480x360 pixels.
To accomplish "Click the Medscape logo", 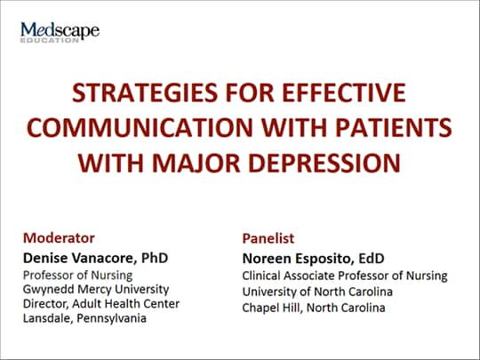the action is tap(60, 32).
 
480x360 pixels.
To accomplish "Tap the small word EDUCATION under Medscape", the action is tap(50, 40).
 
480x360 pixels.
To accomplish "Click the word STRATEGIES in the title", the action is tap(145, 92).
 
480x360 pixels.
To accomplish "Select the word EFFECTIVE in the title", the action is tap(344, 92).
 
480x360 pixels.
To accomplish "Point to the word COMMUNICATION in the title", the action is tap(140, 127).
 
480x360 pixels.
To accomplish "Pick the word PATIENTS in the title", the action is tap(394, 127).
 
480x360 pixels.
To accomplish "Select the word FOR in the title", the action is tap(250, 92).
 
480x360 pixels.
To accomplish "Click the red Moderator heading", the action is tap(59, 238).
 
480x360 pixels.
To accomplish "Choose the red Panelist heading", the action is tap(268, 238).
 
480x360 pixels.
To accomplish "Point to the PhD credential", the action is tap(155, 258).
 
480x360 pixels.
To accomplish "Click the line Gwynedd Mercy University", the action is tap(96, 290).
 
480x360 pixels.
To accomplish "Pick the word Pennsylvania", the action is tap(111, 318).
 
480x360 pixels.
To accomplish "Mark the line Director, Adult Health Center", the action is tap(101, 304).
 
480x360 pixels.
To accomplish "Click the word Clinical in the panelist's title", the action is tap(260, 276).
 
